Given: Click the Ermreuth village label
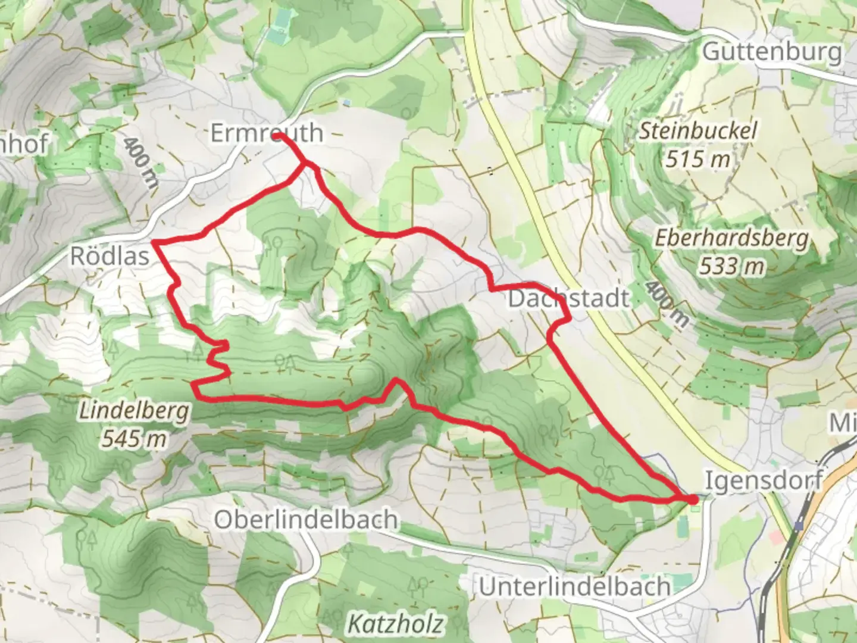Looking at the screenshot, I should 267,133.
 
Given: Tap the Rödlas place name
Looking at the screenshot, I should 110,256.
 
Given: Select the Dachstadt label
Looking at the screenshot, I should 568,298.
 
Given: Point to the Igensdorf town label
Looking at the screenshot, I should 764,480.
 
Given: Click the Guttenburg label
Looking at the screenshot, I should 772,52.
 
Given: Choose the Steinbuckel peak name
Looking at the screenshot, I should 698,131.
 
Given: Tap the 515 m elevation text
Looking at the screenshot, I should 698,159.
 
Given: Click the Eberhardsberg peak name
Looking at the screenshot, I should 732,238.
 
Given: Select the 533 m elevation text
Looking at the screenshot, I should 731,266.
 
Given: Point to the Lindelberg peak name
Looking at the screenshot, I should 134,411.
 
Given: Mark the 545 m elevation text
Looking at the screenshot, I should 134,439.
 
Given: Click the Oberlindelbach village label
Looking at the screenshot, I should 306,520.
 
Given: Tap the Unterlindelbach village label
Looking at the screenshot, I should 575,586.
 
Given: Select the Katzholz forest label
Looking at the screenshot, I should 395,624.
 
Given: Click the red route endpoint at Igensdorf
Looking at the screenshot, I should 693,499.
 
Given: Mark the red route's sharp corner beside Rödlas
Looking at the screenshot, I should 155,242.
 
